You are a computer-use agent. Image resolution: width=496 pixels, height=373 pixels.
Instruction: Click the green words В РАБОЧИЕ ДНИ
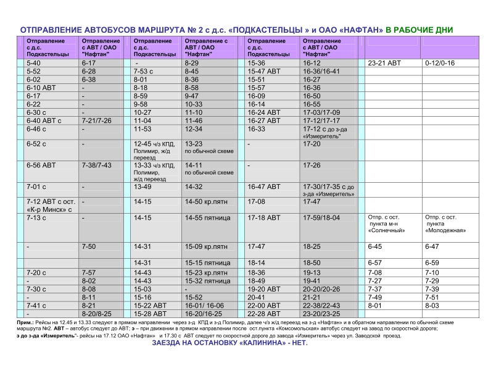420,30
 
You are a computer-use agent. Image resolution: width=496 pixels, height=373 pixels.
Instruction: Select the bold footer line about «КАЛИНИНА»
229,343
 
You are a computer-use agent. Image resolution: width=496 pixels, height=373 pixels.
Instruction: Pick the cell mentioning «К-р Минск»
49,206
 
